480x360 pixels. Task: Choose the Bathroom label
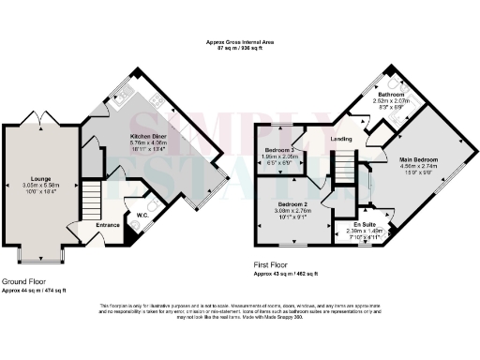[x=391, y=95]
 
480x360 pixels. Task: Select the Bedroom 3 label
[x=279, y=150]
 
